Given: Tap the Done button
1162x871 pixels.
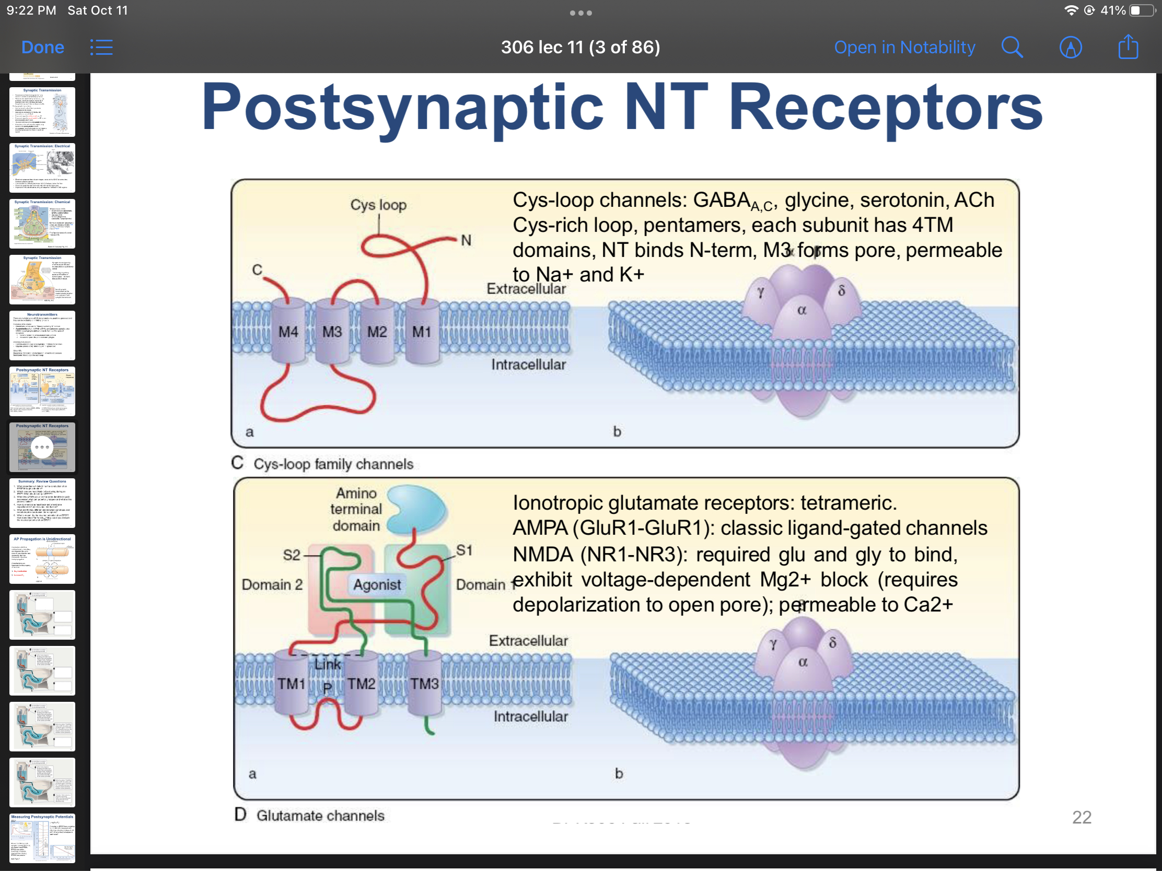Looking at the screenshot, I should click(x=42, y=47).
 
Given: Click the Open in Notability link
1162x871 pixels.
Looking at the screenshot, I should click(x=904, y=47).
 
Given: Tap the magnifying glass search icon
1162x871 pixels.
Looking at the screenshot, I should click(x=1011, y=47).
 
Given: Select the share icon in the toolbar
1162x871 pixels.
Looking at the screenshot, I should click(x=1128, y=47).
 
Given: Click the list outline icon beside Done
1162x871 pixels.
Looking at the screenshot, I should click(x=101, y=47).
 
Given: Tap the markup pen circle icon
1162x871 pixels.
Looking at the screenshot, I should click(x=1070, y=47).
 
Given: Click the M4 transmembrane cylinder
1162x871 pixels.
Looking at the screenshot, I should click(x=288, y=331).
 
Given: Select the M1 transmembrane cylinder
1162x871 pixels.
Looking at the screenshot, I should click(x=422, y=331).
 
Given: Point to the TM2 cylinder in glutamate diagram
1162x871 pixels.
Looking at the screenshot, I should click(x=362, y=683).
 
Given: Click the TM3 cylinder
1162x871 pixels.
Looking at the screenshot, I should click(x=424, y=683).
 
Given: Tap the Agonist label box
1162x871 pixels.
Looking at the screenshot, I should click(x=377, y=584).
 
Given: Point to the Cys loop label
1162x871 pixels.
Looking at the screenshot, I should click(x=378, y=205).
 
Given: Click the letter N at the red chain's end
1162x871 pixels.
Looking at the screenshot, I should click(x=466, y=240).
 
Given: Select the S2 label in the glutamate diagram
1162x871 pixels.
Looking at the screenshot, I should click(x=292, y=555).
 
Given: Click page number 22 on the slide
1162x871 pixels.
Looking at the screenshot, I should click(x=1081, y=817).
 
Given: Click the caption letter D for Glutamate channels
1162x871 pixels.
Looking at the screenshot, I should click(x=240, y=814).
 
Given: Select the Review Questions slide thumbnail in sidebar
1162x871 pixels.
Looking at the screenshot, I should click(x=42, y=503).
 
